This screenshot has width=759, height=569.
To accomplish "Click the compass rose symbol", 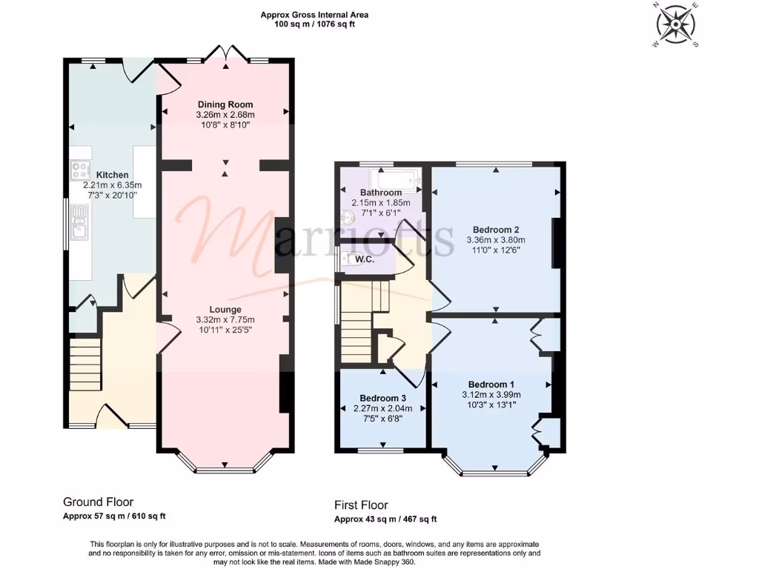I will [x=675, y=25].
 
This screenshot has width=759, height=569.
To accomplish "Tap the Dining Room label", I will [x=225, y=104].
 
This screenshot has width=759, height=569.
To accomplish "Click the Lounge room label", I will [x=225, y=310].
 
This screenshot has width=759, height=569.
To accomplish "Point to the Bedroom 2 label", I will [x=495, y=230].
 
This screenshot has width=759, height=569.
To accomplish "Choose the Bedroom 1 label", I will [x=491, y=384].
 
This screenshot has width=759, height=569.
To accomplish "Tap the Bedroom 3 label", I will [x=382, y=397].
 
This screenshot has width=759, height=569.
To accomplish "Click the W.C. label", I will [x=363, y=260].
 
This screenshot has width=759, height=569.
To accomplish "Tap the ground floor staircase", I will [x=84, y=364].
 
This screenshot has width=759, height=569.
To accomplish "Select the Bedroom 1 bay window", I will [x=495, y=468].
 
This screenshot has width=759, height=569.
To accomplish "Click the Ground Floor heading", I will [x=99, y=502].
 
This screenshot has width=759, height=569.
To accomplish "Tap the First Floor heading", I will [x=361, y=505].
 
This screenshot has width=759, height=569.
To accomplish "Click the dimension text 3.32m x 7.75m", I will [x=225, y=319].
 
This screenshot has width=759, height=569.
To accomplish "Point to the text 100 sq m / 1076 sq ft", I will [x=314, y=24].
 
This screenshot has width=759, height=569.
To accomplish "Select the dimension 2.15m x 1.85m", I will [x=381, y=202].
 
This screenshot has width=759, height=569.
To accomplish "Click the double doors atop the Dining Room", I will [x=225, y=53].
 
